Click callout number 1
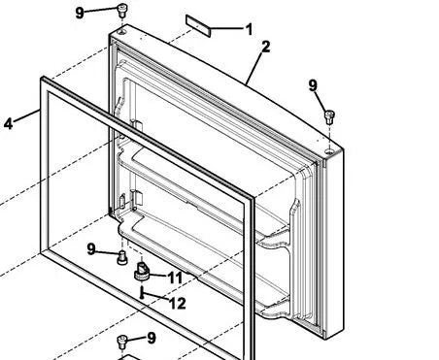[x=249, y=29]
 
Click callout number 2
[x=265, y=47]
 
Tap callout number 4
[x=8, y=123]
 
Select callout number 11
[x=175, y=278]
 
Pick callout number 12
[x=178, y=303]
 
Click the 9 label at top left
[x=80, y=13]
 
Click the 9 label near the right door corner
[x=313, y=85]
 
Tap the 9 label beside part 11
[x=91, y=249]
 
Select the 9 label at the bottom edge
[x=152, y=338]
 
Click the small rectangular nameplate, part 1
[x=198, y=25]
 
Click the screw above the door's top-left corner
[x=122, y=11]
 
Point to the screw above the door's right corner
[x=329, y=117]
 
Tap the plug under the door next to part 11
[x=122, y=258]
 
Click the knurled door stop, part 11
[x=142, y=272]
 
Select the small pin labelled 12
[x=142, y=292]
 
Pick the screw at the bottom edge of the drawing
[x=121, y=342]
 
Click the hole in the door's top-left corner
[x=122, y=32]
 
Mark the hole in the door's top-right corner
[x=329, y=150]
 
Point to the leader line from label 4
[x=27, y=116]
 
